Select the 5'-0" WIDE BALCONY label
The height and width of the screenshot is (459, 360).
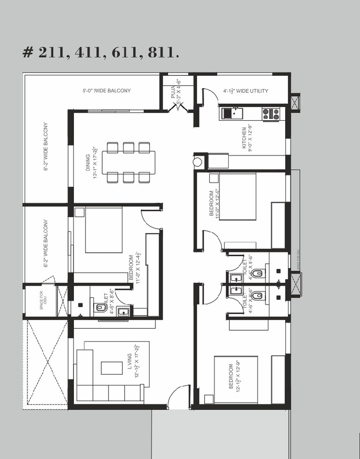(x=106, y=90)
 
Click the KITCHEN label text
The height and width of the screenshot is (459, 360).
(x=244, y=138)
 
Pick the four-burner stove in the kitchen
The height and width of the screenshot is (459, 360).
(x=271, y=114)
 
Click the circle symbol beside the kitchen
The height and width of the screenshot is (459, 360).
(x=197, y=162)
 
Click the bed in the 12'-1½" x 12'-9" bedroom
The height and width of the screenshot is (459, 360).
(x=235, y=379)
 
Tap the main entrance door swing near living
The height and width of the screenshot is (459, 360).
(x=178, y=396)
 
